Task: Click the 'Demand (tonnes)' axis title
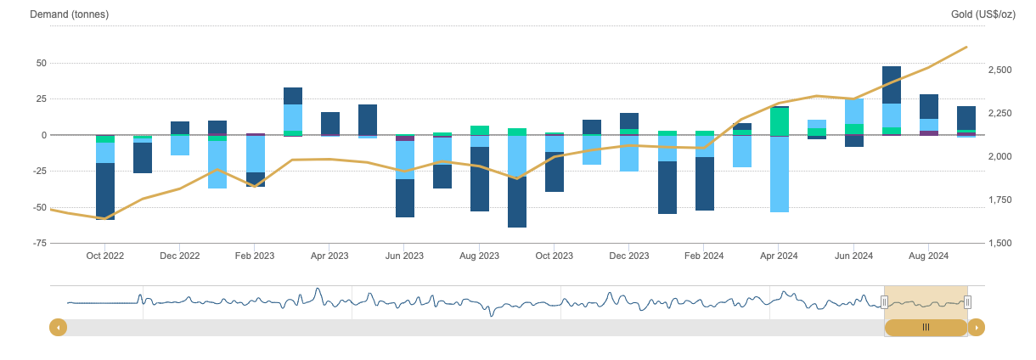(69, 15)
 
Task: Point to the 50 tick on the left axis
(41, 63)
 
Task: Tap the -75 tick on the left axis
(39, 243)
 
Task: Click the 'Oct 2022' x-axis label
(105, 255)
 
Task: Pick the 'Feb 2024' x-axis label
(704, 255)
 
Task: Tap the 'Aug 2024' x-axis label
(929, 255)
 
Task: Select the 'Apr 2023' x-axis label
(329, 255)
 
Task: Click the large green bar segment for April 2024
(779, 121)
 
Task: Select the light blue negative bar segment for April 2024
(779, 174)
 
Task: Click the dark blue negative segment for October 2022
(105, 191)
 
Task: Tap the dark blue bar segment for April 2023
(329, 123)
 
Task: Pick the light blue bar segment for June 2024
(854, 111)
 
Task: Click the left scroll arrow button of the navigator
(59, 327)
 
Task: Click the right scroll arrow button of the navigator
(977, 327)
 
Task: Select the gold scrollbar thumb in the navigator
(926, 327)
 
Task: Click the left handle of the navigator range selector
(884, 301)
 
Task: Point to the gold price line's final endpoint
(966, 48)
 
